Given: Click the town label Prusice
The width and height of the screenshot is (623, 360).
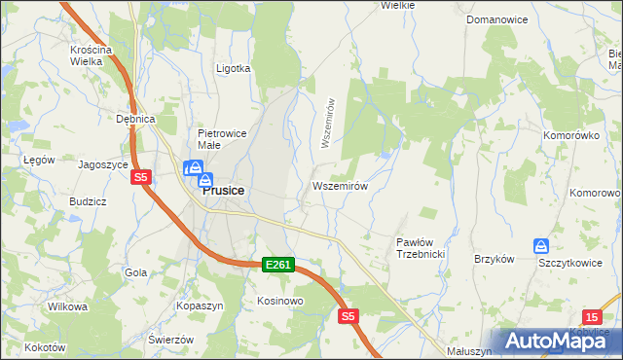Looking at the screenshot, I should coord(223,192).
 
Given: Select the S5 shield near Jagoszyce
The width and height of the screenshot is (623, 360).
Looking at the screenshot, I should coord(141,177).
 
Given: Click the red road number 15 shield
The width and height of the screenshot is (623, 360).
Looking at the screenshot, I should coord(593,316).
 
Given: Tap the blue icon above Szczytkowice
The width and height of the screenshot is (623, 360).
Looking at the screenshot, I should coord(541,246).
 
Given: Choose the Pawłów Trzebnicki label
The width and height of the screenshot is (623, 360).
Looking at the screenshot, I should coord(421,247).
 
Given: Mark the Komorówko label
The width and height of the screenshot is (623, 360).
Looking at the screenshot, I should coord(570,135).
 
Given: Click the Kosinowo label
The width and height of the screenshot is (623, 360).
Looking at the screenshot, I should coord(280,301).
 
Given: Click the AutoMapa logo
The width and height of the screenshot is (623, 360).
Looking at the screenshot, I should coord(553,341).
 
